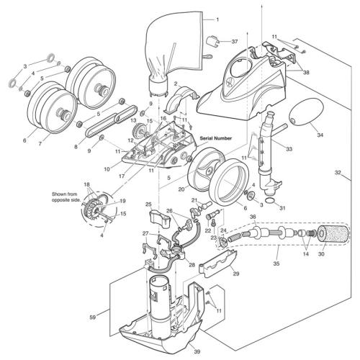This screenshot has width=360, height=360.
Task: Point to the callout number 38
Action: pos(306,72)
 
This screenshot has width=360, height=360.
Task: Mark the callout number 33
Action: pos(289,149)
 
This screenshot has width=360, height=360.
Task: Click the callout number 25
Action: pos(148,205)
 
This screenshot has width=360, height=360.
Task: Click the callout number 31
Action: pos(282,208)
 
